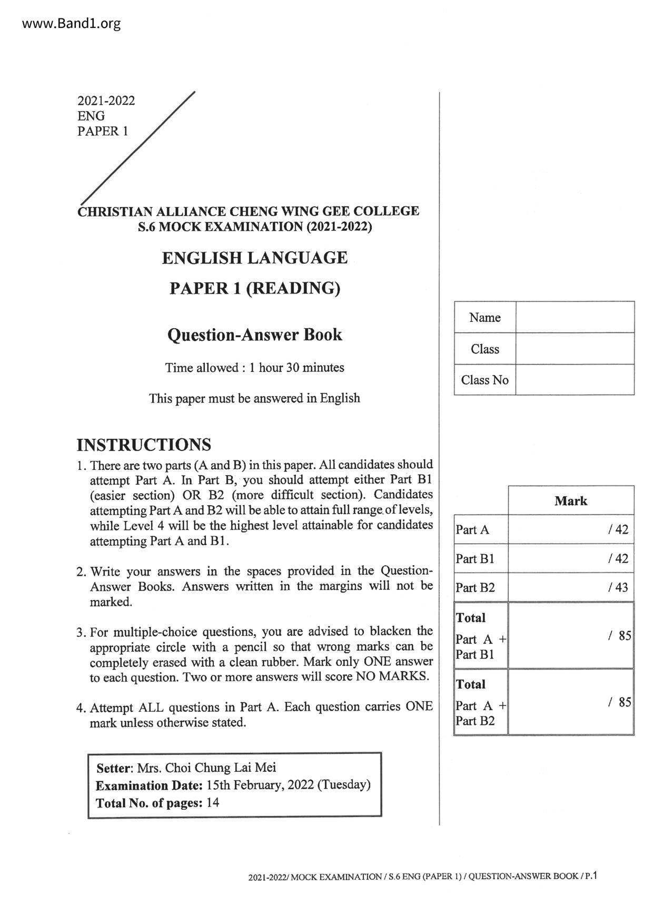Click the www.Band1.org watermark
[64, 24]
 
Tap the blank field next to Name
[575, 317]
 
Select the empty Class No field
[575, 380]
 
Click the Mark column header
[570, 500]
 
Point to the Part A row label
[472, 529]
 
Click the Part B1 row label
[475, 558]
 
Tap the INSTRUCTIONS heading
[144, 445]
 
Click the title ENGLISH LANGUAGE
[254, 258]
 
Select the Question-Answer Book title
[254, 335]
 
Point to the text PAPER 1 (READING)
[254, 288]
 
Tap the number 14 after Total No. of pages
[213, 802]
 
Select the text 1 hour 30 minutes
[296, 367]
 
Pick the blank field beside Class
[575, 348]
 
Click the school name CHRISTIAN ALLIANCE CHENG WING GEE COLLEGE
[249, 211]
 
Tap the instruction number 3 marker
[81, 632]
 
